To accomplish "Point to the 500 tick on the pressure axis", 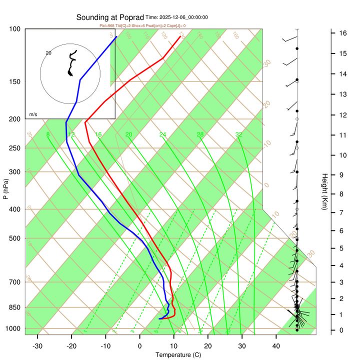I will (15, 238).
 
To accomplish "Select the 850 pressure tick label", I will (15, 307).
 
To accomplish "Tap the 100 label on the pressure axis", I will (15, 29).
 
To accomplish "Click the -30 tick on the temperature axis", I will (37, 346).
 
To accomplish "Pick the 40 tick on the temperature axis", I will (276, 346).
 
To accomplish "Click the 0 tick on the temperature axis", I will (140, 346).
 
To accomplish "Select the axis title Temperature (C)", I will (178, 355).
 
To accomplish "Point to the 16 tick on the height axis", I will (343, 33).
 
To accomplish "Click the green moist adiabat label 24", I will (162, 134).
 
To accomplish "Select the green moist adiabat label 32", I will (239, 134).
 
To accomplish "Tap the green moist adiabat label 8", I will (48, 134).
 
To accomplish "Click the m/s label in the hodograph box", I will (33, 114).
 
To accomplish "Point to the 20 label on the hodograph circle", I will (48, 52).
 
